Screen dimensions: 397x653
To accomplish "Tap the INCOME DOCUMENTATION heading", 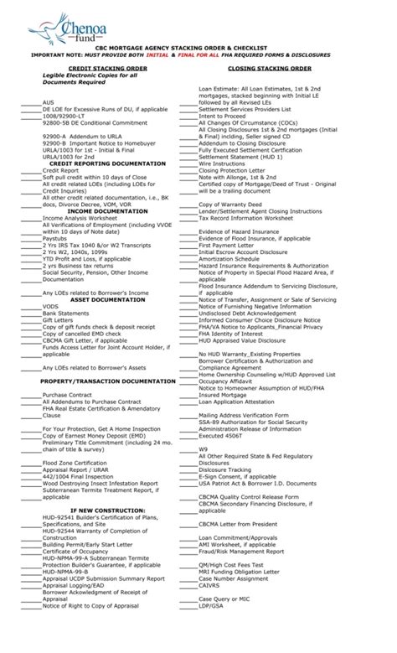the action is (97, 210).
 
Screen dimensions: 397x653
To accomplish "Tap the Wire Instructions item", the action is (221, 163).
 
